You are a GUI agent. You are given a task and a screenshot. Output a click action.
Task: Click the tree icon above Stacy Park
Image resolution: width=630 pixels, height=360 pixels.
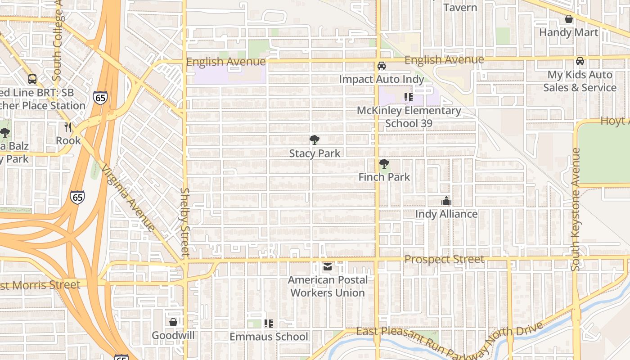[315, 140]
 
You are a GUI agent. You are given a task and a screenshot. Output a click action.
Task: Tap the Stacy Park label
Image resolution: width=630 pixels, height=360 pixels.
[315, 153]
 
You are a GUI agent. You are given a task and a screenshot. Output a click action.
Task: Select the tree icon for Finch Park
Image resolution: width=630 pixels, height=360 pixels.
[384, 164]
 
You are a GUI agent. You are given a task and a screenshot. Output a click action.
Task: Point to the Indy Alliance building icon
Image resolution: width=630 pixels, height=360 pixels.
[446, 201]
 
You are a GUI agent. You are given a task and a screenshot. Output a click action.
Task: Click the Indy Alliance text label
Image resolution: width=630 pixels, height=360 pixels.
[446, 214]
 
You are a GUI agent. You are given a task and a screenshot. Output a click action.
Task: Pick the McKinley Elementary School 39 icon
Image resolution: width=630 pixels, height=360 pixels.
[408, 97]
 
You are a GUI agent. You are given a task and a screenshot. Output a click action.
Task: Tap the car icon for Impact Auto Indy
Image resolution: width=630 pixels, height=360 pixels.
[382, 66]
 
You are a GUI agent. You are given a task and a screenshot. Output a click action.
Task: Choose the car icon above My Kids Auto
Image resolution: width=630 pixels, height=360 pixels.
[580, 61]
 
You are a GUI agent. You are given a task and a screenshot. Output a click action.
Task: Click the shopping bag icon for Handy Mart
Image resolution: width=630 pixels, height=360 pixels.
[569, 19]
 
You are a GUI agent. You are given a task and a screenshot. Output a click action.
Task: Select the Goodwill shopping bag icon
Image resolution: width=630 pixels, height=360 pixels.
[173, 322]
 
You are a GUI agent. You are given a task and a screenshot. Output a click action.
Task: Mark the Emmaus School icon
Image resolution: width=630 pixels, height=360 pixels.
[269, 323]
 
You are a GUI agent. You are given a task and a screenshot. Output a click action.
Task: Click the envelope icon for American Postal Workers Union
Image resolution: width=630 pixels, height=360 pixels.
[328, 267]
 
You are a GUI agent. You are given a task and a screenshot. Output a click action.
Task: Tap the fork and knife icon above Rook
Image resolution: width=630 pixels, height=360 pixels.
[68, 127]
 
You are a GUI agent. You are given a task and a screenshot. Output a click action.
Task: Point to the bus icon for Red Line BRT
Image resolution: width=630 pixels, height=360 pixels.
[32, 79]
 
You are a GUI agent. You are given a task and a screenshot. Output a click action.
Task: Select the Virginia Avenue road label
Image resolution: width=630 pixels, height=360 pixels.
[128, 198]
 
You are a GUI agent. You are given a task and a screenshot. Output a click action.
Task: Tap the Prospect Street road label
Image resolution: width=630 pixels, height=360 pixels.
[444, 260]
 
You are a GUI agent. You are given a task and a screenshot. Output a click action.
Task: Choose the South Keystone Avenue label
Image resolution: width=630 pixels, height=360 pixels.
[576, 209]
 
